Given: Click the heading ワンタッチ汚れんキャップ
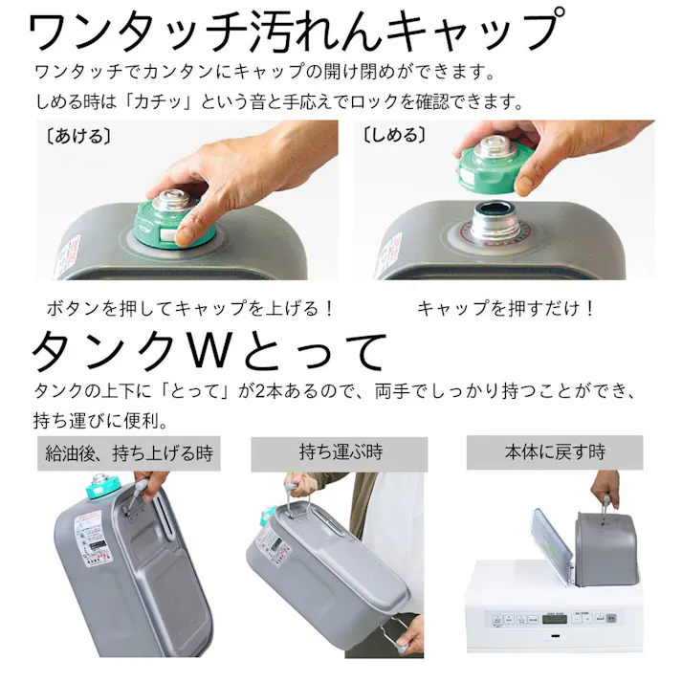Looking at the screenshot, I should coord(291,31).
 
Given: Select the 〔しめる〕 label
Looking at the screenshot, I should coord(392,136).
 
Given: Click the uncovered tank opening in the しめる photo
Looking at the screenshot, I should coord(495,223).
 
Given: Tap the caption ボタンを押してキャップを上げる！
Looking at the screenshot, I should coord(191,309).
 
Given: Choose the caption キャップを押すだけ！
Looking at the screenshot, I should coord(507,309).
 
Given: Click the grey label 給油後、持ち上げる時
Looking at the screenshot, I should coord(128,452).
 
